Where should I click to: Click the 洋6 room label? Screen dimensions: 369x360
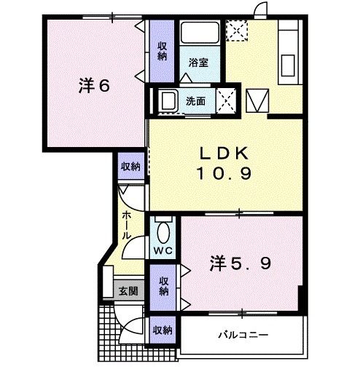[94, 86]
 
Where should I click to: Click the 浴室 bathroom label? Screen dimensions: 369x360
[198, 63]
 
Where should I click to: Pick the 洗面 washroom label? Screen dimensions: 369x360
[195, 101]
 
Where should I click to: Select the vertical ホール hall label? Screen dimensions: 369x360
[126, 226]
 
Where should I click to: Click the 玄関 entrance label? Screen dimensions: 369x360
[128, 292]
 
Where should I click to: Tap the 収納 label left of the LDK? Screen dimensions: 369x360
[130, 167]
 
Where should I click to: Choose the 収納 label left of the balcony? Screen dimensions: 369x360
[163, 330]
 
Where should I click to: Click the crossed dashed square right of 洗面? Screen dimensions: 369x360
[227, 99]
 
